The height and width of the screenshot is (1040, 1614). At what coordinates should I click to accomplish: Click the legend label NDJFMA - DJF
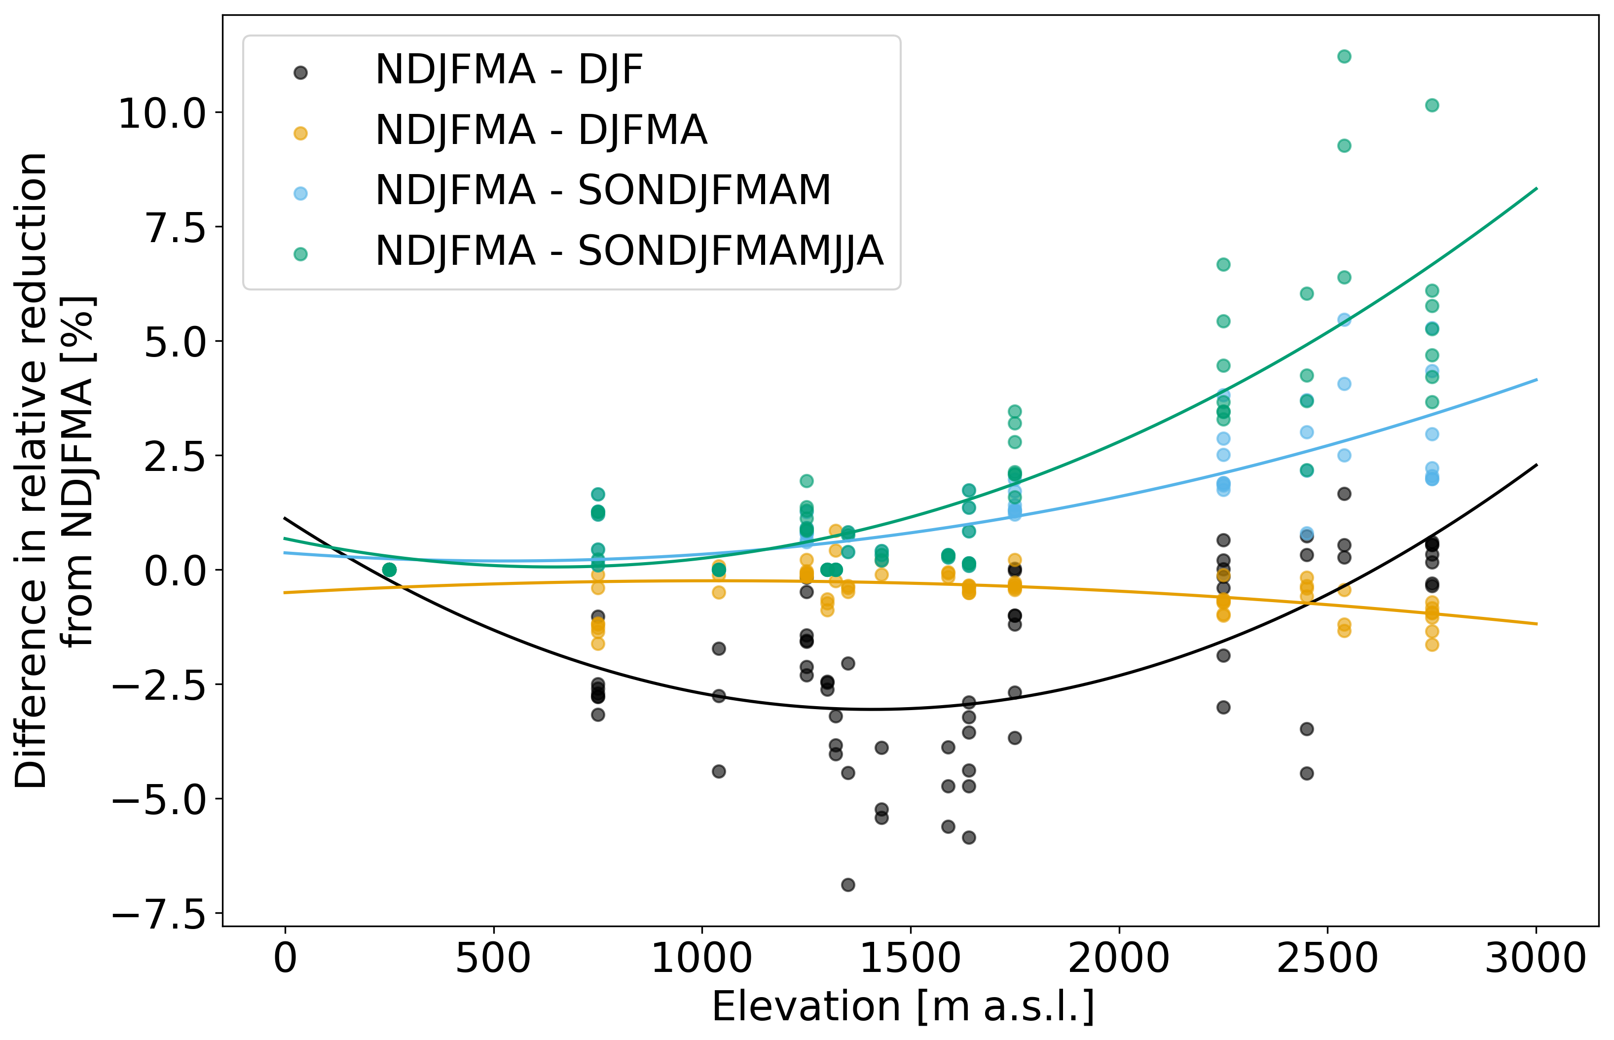(509, 70)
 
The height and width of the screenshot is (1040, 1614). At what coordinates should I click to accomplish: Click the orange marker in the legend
(300, 134)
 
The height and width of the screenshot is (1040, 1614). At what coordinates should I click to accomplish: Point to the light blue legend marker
(300, 194)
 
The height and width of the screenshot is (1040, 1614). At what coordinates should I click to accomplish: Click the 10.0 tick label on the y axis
(162, 113)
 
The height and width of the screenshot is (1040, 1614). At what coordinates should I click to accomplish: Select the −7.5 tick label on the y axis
(159, 916)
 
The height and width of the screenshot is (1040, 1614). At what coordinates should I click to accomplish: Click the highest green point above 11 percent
(1344, 56)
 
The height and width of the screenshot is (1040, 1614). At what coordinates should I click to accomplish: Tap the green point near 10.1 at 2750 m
(1431, 106)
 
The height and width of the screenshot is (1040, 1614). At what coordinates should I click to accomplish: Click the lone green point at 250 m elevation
(389, 570)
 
